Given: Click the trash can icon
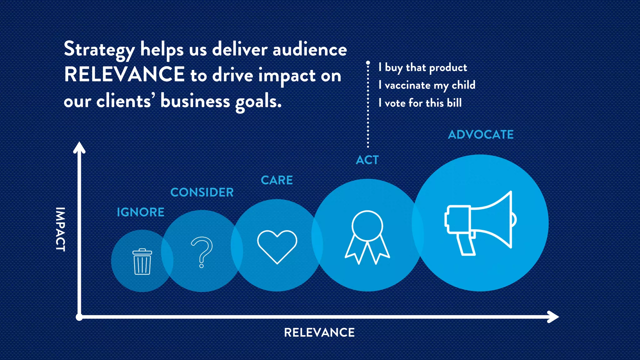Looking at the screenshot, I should pyautogui.click(x=142, y=262).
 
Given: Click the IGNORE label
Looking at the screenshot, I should pyautogui.click(x=141, y=212).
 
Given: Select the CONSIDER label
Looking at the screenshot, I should pyautogui.click(x=202, y=192).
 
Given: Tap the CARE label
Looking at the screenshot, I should pyautogui.click(x=277, y=180).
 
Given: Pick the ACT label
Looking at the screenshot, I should pyautogui.click(x=367, y=160).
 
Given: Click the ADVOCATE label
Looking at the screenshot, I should pyautogui.click(x=481, y=135).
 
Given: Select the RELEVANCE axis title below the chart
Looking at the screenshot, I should pyautogui.click(x=319, y=332).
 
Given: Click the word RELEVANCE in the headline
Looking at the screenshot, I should pyautogui.click(x=124, y=75).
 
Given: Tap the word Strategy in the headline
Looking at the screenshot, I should pyautogui.click(x=99, y=50).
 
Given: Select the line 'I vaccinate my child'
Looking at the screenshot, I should pyautogui.click(x=427, y=85).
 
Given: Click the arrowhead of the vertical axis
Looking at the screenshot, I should pyautogui.click(x=79, y=147).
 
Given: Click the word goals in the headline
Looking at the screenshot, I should pyautogui.click(x=258, y=102).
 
